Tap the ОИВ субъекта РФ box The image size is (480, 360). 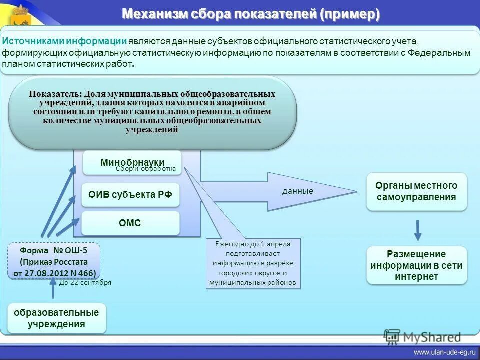(130, 195)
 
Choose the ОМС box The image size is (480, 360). (130, 223)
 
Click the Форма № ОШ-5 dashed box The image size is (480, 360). (54, 261)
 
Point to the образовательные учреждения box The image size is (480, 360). (56, 318)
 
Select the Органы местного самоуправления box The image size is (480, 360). (416, 191)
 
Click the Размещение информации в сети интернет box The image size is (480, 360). (416, 265)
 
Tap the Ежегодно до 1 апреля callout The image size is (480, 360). (253, 263)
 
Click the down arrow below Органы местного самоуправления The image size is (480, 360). (418, 230)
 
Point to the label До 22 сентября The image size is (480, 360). (85, 282)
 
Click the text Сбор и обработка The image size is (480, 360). (146, 169)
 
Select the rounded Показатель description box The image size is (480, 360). (152, 113)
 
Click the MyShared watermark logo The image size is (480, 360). (422, 337)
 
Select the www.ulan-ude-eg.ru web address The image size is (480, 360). (443, 353)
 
